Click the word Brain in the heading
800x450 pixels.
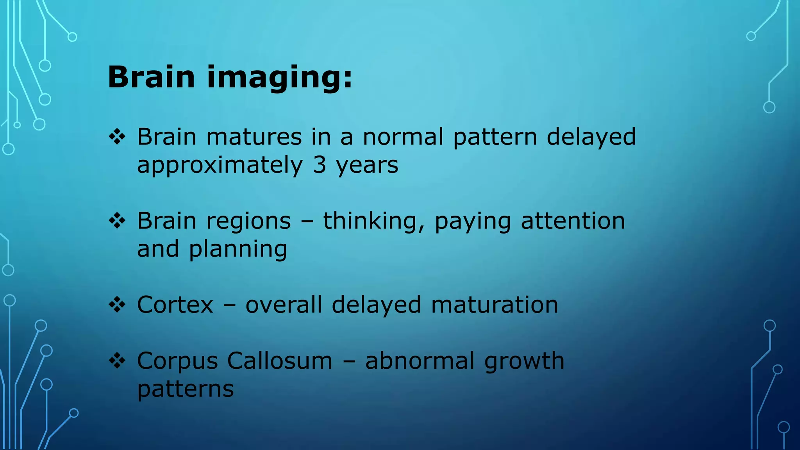[151, 77]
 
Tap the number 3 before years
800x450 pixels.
[319, 165]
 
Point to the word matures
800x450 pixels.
[254, 137]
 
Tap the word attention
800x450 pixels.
[573, 221]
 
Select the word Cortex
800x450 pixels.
[175, 305]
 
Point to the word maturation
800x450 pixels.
[495, 305]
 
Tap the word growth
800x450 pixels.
[524, 361]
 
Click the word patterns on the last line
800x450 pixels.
[186, 389]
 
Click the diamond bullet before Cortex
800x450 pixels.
[117, 305]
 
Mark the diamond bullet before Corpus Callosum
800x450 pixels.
[117, 361]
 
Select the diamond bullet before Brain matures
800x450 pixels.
[117, 137]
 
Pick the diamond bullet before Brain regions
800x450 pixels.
[117, 221]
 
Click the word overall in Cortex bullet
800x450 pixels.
[284, 305]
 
